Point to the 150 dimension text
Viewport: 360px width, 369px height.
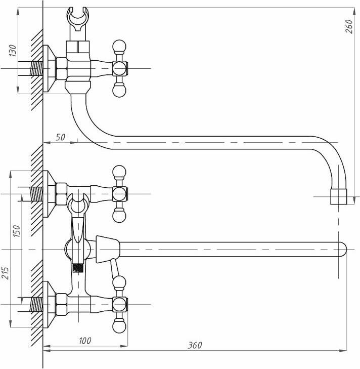click(x=16, y=231)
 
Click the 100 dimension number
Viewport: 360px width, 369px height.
click(x=85, y=341)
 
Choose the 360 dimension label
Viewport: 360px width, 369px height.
click(x=195, y=345)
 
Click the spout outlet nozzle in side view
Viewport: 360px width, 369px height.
click(x=338, y=196)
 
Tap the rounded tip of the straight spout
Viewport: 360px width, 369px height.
click(x=342, y=249)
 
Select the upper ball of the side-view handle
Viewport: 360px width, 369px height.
click(x=119, y=47)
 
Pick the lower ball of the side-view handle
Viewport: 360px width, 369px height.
click(x=119, y=90)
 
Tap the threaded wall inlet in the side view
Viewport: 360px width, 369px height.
click(x=36, y=68)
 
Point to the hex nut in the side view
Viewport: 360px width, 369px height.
click(x=61, y=68)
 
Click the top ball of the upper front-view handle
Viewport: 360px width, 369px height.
click(x=119, y=171)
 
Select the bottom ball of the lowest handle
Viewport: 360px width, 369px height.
click(x=119, y=326)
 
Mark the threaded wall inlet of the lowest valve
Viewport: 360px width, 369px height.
click(x=36, y=304)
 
